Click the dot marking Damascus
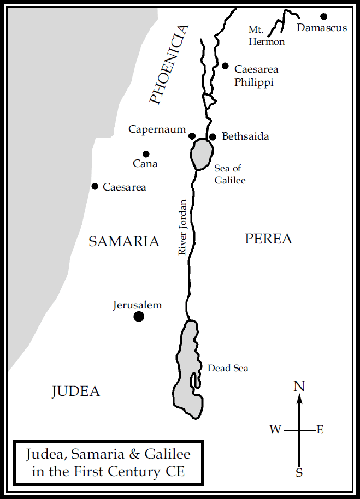coord(323,16)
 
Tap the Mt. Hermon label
coord(267,35)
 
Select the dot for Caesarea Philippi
coord(225,66)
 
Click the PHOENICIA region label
coord(169,64)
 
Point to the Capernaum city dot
coord(192,136)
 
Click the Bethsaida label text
coord(245,136)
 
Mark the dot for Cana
coord(146,154)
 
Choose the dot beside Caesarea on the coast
coord(95,187)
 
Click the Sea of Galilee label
coord(229,174)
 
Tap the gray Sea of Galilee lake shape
coord(201,153)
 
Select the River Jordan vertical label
coord(183,227)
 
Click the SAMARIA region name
coord(124,241)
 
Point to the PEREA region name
coord(268,239)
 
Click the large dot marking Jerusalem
coord(139,316)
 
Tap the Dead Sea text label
coord(228,368)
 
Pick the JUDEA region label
coord(76,391)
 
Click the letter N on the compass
coord(299,387)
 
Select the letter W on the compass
coord(275,430)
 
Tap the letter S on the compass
coord(299,473)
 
